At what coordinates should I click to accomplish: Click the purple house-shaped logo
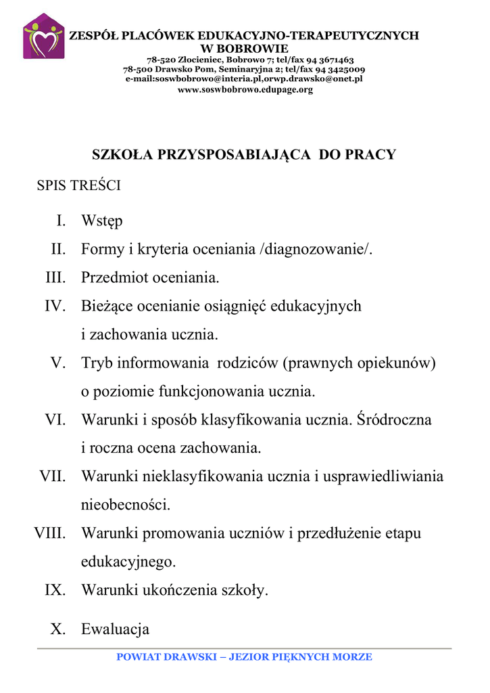coord(44,37)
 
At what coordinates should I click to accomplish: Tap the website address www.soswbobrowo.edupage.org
coord(245,90)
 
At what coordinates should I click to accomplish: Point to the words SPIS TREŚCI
coord(78,186)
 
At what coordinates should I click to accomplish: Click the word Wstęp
coord(102,221)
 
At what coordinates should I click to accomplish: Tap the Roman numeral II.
coord(59,250)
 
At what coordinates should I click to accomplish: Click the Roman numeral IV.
coord(55,307)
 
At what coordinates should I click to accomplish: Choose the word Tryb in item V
coord(97,363)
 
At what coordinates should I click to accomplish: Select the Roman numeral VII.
coord(53,477)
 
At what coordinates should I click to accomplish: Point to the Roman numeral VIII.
coord(50,534)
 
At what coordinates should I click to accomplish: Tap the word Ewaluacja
coord(115,630)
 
